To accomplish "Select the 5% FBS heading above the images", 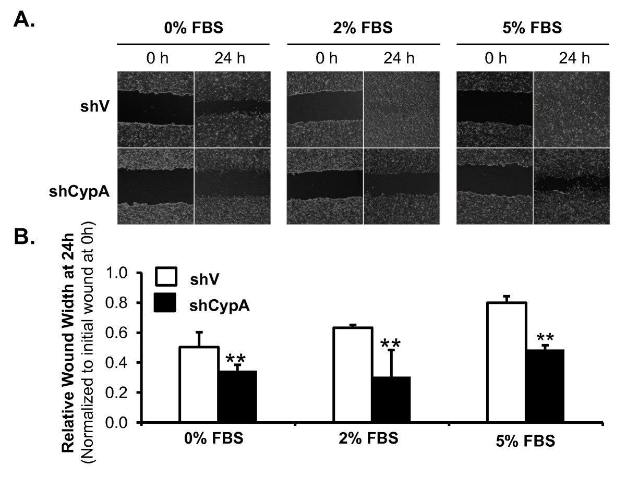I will click(532, 28).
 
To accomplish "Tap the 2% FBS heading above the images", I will click(363, 28).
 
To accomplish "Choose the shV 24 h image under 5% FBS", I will click(571, 109).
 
